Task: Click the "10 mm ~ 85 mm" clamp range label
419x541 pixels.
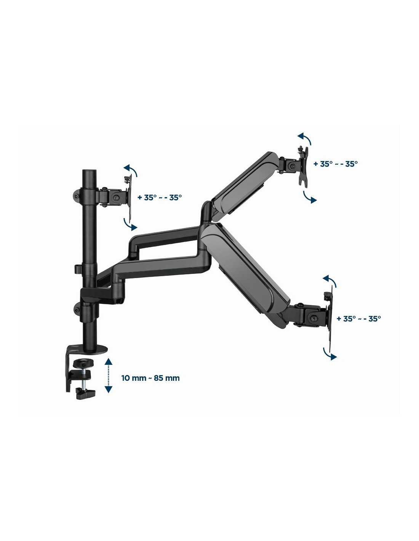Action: (150, 378)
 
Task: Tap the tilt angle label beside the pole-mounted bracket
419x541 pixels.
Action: (160, 197)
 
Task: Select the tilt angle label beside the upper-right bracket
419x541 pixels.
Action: (336, 164)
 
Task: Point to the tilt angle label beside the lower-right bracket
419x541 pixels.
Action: (359, 318)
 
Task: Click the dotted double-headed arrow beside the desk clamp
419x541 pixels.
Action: (108, 376)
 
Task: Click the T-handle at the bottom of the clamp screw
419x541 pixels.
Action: (86, 393)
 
